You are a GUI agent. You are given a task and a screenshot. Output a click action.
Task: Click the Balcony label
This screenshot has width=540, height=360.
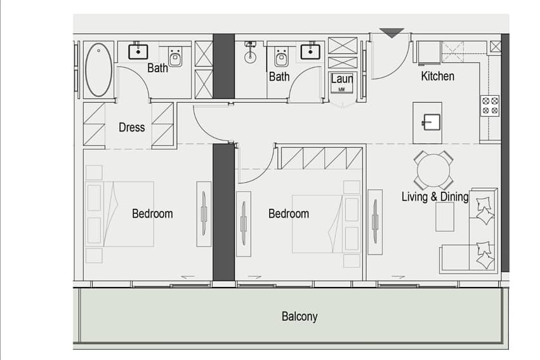pos(300,316)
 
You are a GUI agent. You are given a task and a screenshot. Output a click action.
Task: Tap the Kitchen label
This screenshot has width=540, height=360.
pos(437,76)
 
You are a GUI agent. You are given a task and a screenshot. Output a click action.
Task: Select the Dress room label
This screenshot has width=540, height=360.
pos(131,128)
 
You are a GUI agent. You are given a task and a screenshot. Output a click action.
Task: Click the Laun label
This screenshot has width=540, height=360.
pos(342,79)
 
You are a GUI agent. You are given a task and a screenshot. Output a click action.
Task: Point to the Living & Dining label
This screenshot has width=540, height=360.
pos(435,197)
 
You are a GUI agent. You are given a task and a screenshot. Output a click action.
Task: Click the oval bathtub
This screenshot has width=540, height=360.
pos(98,70)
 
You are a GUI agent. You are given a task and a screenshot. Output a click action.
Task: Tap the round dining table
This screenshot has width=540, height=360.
pos(433,170)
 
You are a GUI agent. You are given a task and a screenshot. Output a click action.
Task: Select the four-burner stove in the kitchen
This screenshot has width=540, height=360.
pos(490,105)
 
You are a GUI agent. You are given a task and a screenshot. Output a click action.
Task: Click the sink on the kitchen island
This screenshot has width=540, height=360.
pos(431,123)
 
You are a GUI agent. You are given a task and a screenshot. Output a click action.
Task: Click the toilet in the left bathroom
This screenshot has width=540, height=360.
pos(175,57)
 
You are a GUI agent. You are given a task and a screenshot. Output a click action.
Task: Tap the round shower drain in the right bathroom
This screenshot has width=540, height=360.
pos(251,57)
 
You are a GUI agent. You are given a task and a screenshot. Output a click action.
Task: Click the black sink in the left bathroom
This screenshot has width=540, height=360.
pos(138,51)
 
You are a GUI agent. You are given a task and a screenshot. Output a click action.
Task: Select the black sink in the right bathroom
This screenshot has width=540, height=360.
pos(310,51)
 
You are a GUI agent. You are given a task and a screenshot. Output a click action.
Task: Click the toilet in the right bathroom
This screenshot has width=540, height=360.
pos(281,57)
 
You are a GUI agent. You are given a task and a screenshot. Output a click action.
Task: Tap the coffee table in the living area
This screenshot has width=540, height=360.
pos(445,217)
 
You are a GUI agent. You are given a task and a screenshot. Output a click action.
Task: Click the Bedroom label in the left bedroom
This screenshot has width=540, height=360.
pos(152,213)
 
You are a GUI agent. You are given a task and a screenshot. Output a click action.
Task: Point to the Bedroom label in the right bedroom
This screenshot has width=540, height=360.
pos(289,213)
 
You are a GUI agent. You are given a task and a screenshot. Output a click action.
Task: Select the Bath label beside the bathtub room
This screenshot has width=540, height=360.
pos(157,68)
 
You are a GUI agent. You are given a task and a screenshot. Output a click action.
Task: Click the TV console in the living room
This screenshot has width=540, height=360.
pos(375,222)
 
